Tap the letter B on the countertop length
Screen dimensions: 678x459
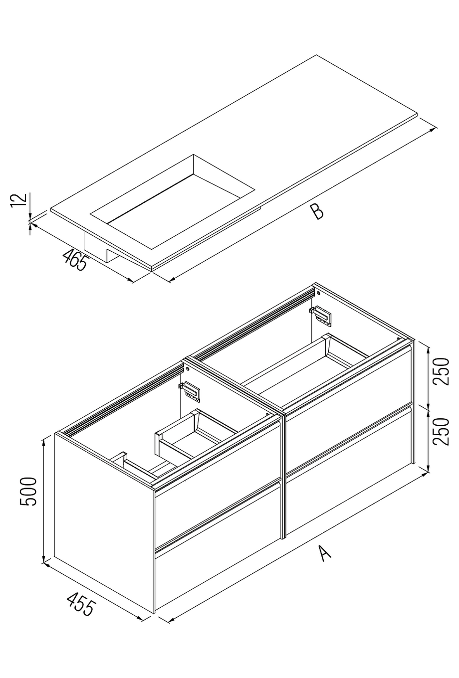316,211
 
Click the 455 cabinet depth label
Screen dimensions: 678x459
80,604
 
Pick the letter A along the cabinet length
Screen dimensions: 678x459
324,553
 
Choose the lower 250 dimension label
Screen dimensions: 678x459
442,431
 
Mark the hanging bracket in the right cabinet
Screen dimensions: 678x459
321,315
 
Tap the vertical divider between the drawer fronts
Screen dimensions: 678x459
283,474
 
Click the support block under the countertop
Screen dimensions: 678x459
100,247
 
